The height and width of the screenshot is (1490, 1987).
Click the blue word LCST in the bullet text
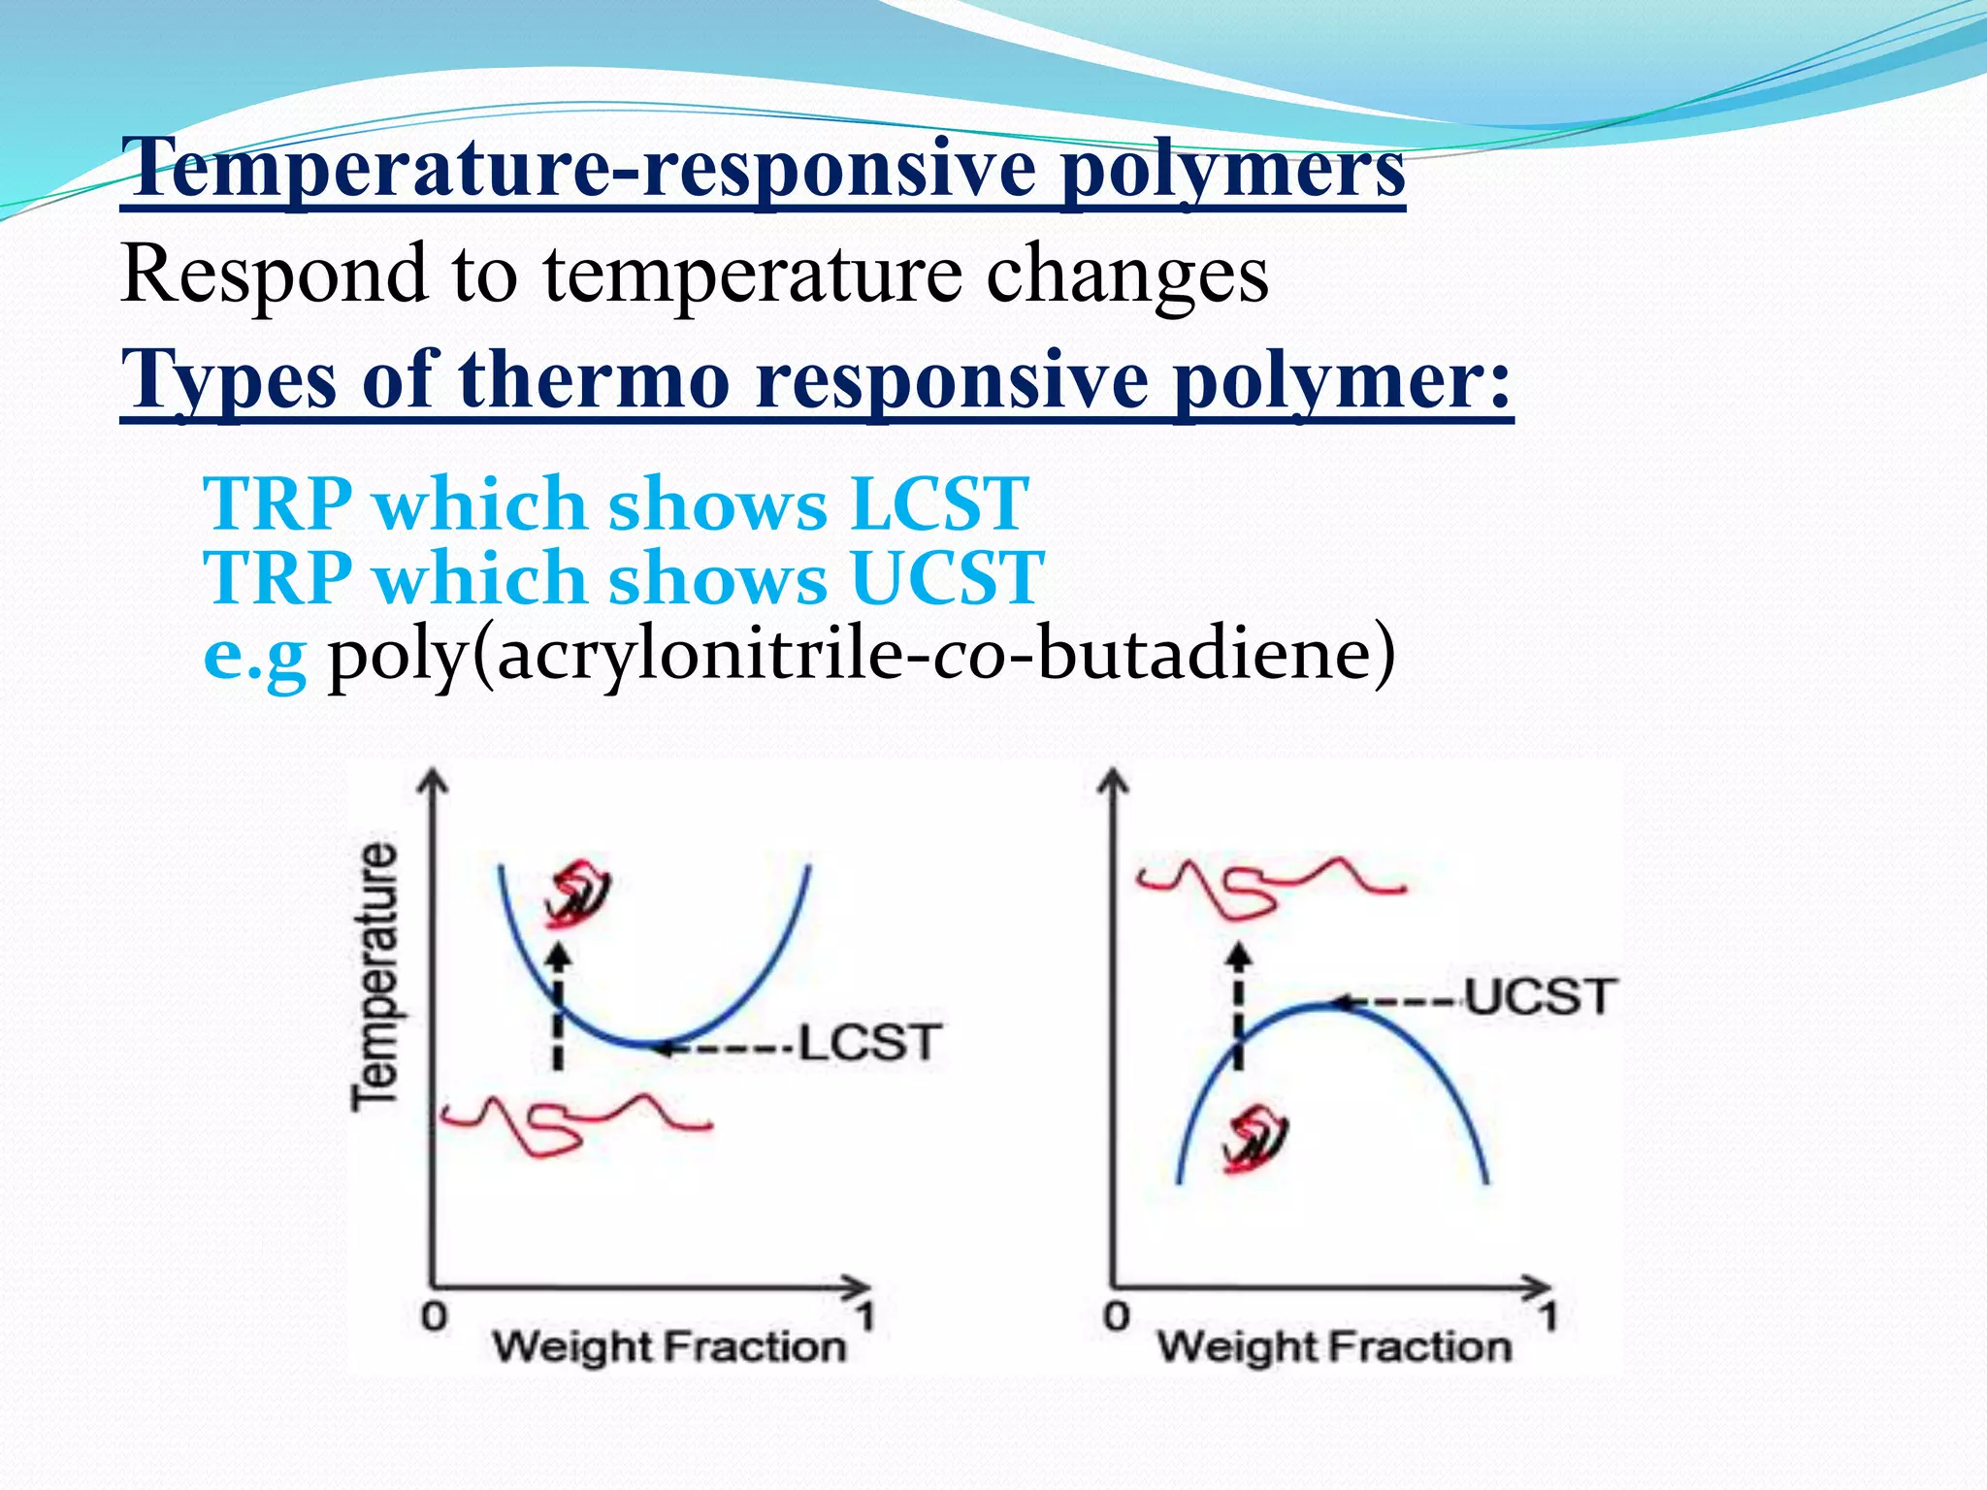[938, 504]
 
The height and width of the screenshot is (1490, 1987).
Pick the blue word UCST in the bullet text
[946, 578]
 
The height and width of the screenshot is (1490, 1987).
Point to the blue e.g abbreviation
[255, 655]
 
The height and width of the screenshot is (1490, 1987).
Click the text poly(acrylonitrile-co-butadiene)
[862, 655]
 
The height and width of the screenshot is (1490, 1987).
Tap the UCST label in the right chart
[1540, 996]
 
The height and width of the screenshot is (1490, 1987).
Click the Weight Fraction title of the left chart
[668, 1346]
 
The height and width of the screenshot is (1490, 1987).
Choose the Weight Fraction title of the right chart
[1334, 1346]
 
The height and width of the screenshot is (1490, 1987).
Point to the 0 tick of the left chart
[434, 1316]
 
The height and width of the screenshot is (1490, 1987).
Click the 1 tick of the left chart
[865, 1316]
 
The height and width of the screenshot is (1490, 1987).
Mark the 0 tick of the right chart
[1117, 1316]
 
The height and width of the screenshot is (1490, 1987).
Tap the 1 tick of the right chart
[1548, 1316]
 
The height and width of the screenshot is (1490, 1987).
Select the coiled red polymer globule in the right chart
[1254, 1137]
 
